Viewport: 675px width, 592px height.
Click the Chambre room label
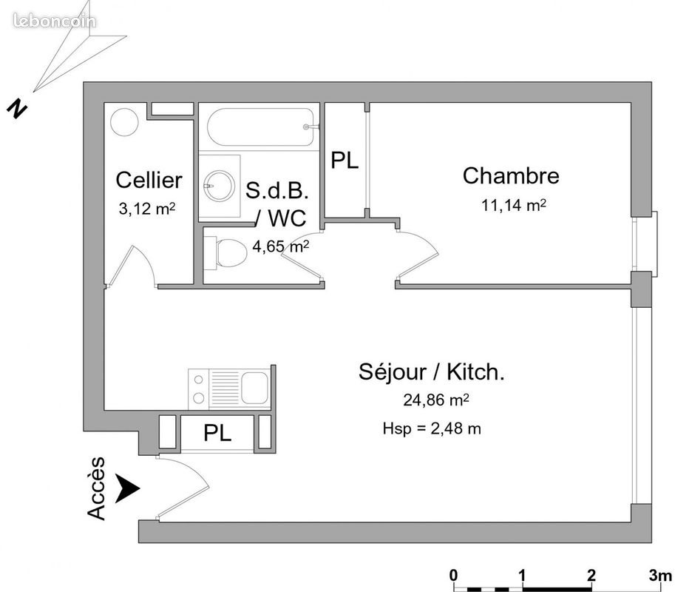pos(510,176)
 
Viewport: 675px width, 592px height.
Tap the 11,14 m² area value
pos(513,206)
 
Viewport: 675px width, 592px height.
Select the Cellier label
pos(149,180)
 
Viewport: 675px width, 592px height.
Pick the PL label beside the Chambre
pos(345,161)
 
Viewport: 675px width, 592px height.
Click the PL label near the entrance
pos(217,433)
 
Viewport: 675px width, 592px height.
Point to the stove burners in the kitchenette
pos(199,388)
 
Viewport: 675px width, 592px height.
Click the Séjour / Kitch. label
pos(432,372)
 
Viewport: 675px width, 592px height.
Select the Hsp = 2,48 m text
pos(433,428)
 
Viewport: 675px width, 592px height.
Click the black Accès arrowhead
pos(129,488)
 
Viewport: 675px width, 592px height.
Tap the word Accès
pos(96,488)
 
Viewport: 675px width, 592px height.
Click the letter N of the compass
pos(16,108)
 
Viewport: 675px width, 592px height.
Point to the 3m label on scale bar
pos(657,574)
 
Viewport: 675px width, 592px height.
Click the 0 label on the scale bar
pos(454,574)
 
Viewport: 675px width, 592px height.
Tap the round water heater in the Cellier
pos(126,121)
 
